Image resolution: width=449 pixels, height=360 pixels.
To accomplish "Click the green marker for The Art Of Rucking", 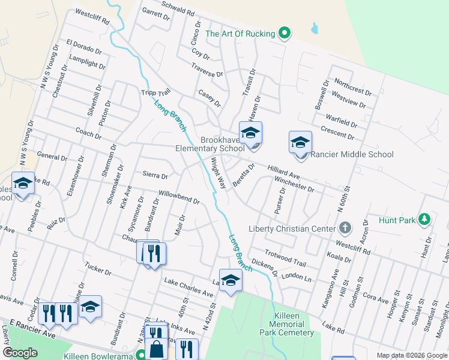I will coord(285,34).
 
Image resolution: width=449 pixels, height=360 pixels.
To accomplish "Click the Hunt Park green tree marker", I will coord(425,220).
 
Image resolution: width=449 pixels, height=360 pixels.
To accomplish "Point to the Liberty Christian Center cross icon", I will coord(345,228).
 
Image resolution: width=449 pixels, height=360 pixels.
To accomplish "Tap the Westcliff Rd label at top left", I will coord(92,16).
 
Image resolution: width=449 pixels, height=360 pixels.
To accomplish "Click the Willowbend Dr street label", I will coord(178,197).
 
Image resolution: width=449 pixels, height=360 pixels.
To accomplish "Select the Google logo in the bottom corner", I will coord(20,353).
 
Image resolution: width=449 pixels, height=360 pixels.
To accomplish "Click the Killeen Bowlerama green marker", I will coord(140,355).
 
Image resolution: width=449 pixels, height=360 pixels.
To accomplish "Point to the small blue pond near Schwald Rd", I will coord(315,28).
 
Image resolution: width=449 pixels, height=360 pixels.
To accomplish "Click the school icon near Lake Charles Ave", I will coord(230,280).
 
